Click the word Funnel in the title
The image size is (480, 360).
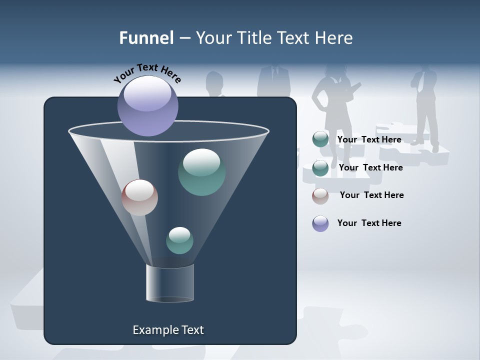(x=146, y=38)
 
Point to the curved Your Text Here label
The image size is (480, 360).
(x=147, y=73)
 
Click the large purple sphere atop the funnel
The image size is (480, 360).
(x=148, y=105)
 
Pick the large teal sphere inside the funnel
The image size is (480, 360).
(x=202, y=172)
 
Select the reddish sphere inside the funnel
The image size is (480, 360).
(x=139, y=197)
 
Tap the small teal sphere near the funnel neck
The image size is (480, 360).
(x=179, y=240)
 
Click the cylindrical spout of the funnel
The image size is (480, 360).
(x=170, y=283)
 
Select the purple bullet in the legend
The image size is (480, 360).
(x=320, y=223)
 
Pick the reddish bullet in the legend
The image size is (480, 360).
(x=320, y=196)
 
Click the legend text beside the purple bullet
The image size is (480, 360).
(x=369, y=223)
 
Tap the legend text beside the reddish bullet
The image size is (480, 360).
(x=372, y=195)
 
